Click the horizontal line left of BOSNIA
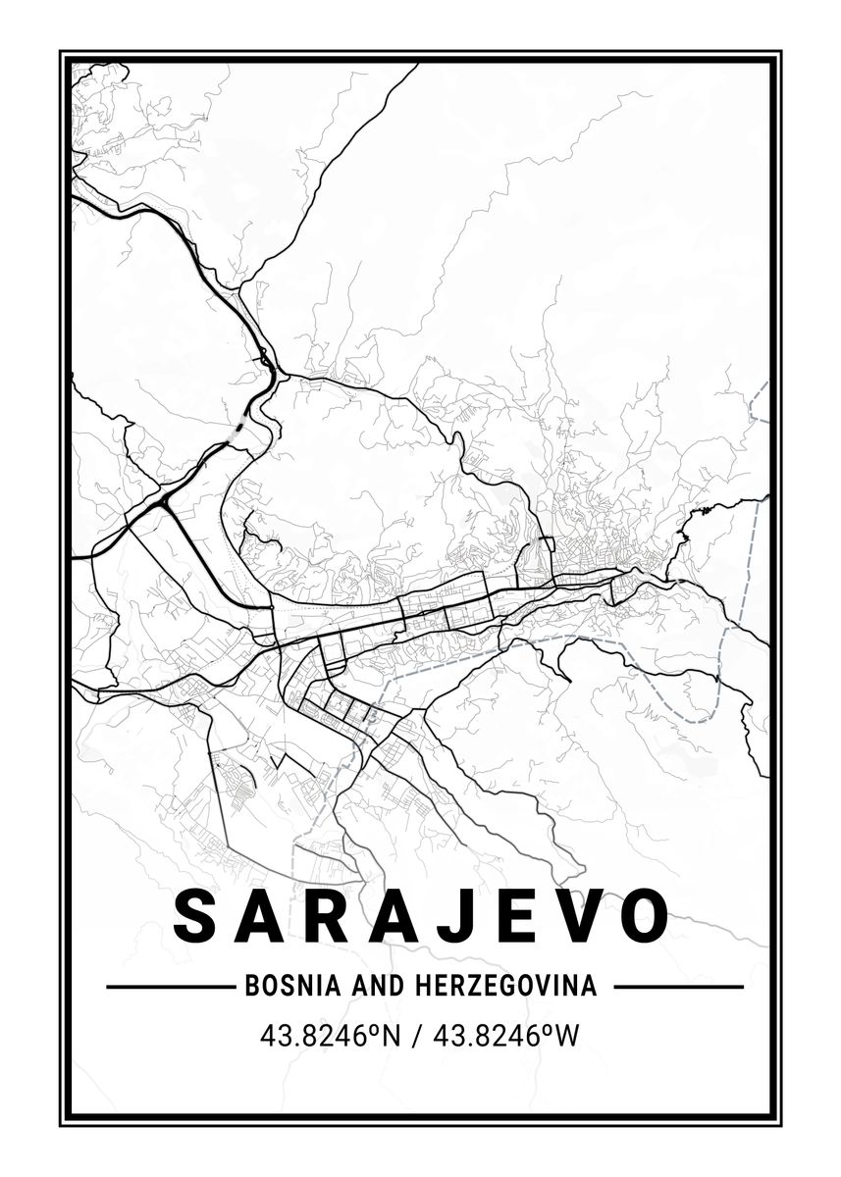click(167, 986)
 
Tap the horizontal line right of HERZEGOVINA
click(678, 986)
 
